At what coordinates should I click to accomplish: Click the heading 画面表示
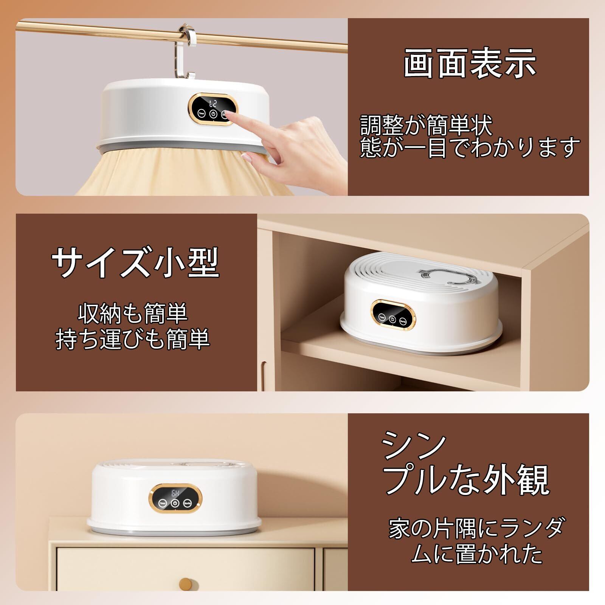coord(470,64)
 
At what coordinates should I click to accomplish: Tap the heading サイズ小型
coord(136,262)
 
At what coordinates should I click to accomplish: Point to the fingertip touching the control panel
coord(229,115)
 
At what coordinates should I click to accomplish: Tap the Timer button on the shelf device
coord(382,318)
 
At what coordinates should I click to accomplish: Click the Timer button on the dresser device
coord(163,504)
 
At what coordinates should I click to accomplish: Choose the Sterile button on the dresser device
coord(188,504)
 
